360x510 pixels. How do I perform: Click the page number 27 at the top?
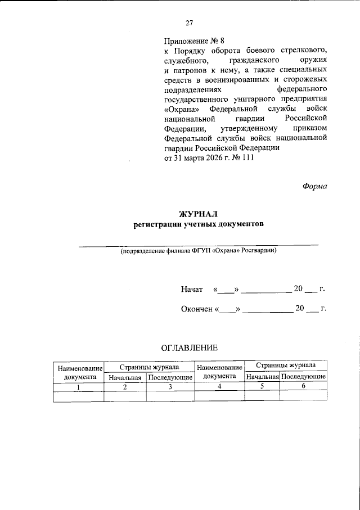click(190, 23)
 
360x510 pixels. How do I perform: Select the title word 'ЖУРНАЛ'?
click(197, 214)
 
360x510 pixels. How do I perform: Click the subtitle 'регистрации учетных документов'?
click(197, 224)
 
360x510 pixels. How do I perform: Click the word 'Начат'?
click(192, 289)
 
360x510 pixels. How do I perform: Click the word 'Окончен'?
click(196, 309)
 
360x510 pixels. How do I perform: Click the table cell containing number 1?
click(78, 387)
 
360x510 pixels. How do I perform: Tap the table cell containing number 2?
click(125, 387)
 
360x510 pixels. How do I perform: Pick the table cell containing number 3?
click(170, 387)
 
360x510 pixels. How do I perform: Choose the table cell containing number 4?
click(219, 387)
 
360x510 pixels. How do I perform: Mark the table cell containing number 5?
click(262, 386)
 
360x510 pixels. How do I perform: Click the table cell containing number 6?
click(303, 386)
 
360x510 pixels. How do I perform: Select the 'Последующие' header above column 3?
click(170, 377)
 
